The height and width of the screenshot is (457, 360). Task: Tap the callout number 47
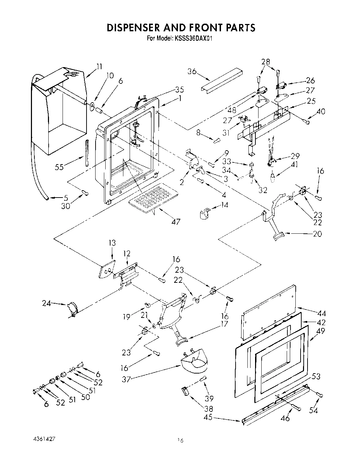coord(176,222)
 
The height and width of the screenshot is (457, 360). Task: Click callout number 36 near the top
coord(192,71)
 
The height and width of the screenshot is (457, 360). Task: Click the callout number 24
coord(46,304)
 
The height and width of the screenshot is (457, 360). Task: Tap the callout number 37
coord(126,379)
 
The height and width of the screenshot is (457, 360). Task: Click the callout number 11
coord(99,66)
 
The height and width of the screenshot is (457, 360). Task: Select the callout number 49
coord(321,331)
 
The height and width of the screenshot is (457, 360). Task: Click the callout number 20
coord(317,234)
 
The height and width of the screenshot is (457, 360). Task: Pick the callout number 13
coord(112,243)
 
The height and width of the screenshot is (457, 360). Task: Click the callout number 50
coord(85,397)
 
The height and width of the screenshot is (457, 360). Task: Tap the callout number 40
coord(321,112)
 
